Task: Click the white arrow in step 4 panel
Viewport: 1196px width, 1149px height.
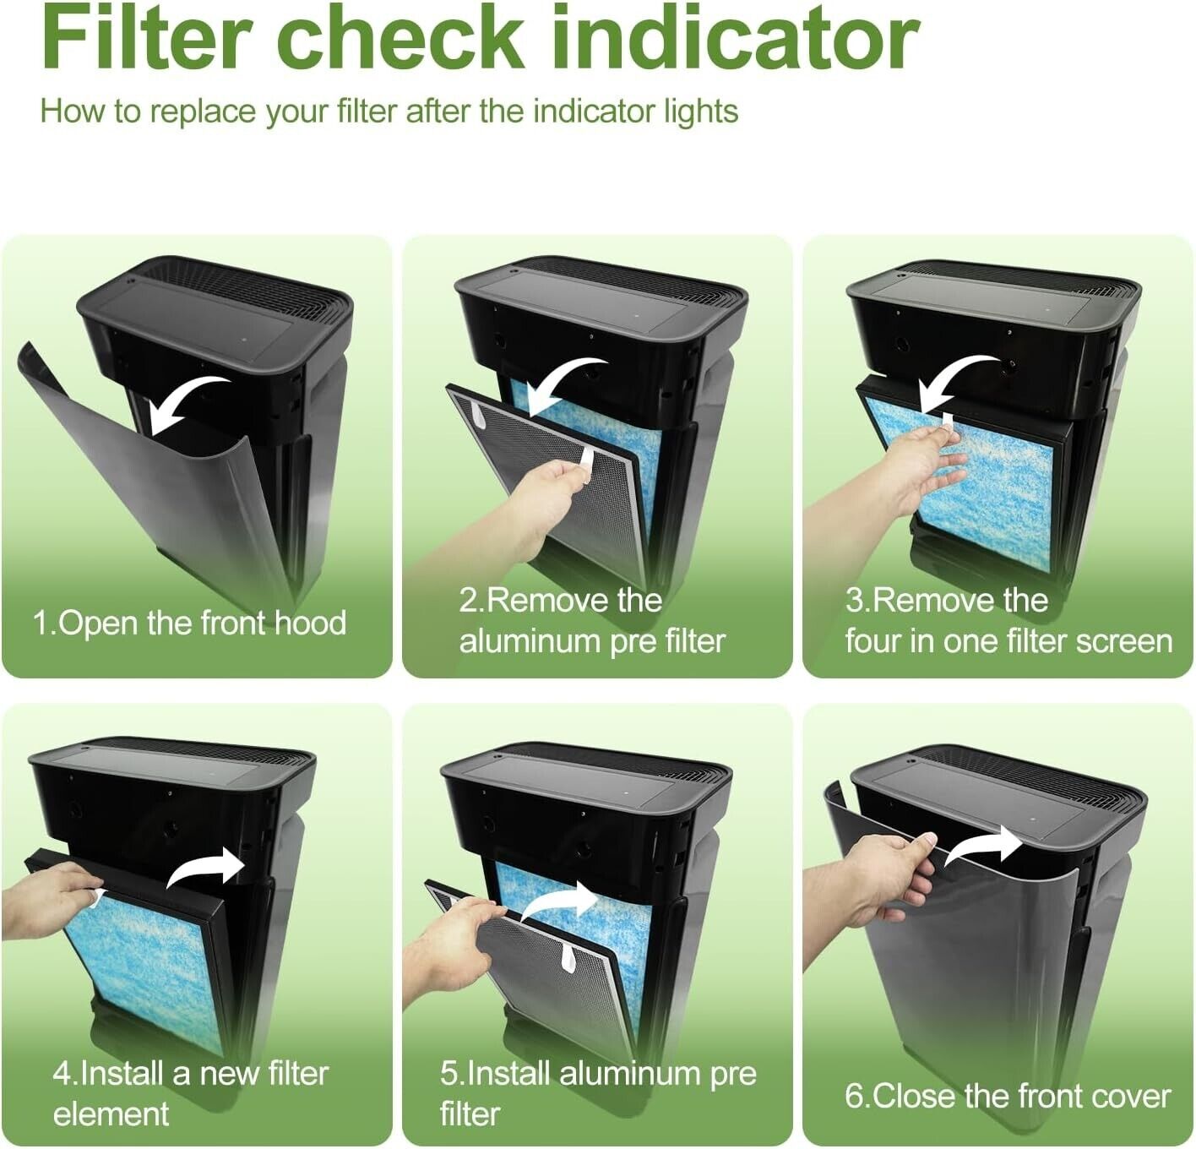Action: [x=206, y=868]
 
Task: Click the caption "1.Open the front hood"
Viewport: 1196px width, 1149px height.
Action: [x=189, y=623]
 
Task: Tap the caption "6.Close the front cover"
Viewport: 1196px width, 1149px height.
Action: [x=1008, y=1097]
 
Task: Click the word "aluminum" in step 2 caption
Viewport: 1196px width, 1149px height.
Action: [x=530, y=642]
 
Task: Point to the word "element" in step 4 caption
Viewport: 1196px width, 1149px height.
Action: [x=111, y=1114]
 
